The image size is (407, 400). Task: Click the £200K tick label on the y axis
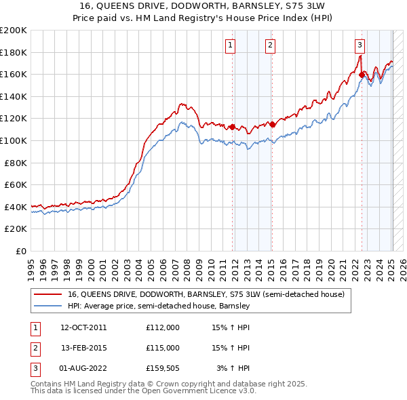[14, 31]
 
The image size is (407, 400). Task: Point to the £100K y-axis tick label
[14, 140]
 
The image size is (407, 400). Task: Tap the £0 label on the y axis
[20, 251]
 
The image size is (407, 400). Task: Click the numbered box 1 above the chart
[231, 45]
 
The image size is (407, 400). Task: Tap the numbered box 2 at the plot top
[270, 45]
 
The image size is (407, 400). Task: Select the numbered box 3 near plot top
[360, 45]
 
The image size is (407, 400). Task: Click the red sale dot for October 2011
[232, 127]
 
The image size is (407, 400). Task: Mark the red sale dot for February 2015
[272, 124]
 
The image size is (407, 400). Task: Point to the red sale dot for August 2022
[362, 75]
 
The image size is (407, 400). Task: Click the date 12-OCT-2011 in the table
[83, 327]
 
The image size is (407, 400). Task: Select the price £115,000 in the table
[163, 348]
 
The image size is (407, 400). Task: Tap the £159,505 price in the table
[163, 368]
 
